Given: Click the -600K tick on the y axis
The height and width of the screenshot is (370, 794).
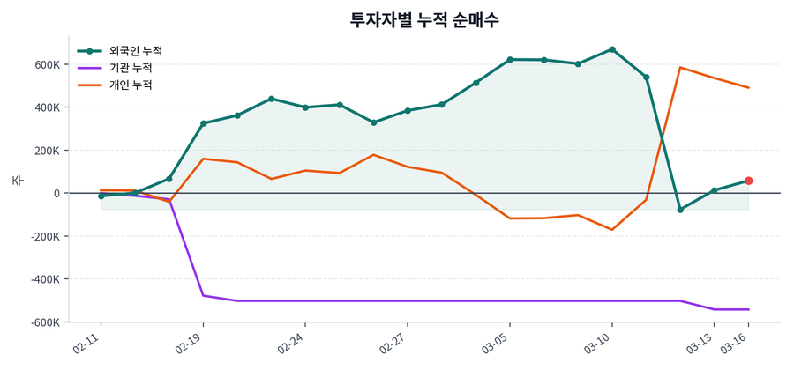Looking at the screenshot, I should pos(44,322).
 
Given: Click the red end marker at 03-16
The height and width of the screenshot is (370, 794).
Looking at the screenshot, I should pos(748,181).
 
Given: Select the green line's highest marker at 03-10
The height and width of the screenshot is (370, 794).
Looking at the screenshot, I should pos(612,49).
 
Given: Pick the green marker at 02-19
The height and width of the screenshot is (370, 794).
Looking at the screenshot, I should pos(204,123).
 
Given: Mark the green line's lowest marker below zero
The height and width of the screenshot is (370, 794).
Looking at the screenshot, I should pos(680,210).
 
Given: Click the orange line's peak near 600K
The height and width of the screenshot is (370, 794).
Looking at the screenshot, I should pos(680,67).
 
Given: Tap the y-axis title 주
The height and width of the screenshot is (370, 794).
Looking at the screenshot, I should pos(17,180).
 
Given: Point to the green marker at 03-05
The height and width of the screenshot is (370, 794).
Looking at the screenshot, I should pos(510,60).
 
